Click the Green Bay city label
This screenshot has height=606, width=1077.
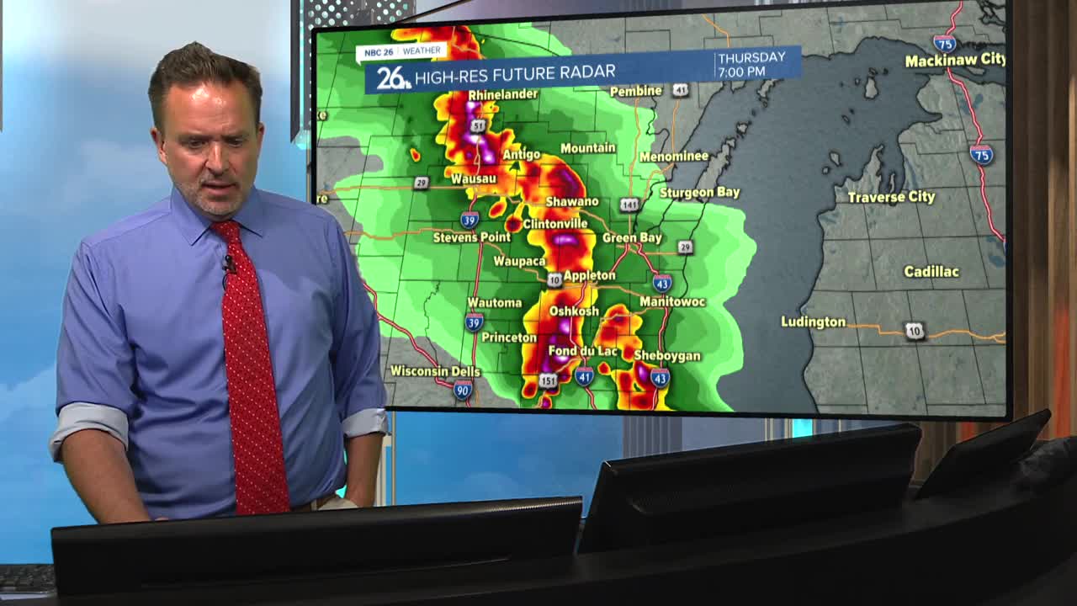click(632, 238)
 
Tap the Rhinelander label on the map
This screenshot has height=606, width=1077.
click(503, 94)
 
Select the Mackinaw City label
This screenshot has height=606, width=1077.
click(955, 60)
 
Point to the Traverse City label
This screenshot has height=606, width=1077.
click(891, 197)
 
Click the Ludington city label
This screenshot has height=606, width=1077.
click(813, 322)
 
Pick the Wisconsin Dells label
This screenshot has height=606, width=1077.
click(435, 371)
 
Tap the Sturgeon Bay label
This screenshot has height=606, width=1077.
click(699, 193)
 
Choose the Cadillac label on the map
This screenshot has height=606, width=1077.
click(931, 272)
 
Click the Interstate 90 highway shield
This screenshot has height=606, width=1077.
click(463, 389)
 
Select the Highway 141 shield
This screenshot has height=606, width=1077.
click(630, 205)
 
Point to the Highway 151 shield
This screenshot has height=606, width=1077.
click(548, 381)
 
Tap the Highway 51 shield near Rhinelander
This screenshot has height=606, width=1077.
click(478, 126)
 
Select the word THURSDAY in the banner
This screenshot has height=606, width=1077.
click(751, 57)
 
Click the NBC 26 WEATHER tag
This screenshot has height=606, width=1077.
click(402, 51)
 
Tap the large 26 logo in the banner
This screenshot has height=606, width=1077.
click(392, 78)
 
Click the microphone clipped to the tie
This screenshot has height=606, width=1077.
click(229, 264)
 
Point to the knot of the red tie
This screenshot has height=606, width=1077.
click(227, 233)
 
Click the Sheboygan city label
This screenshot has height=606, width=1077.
click(666, 356)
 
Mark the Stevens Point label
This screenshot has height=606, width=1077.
click(471, 238)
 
